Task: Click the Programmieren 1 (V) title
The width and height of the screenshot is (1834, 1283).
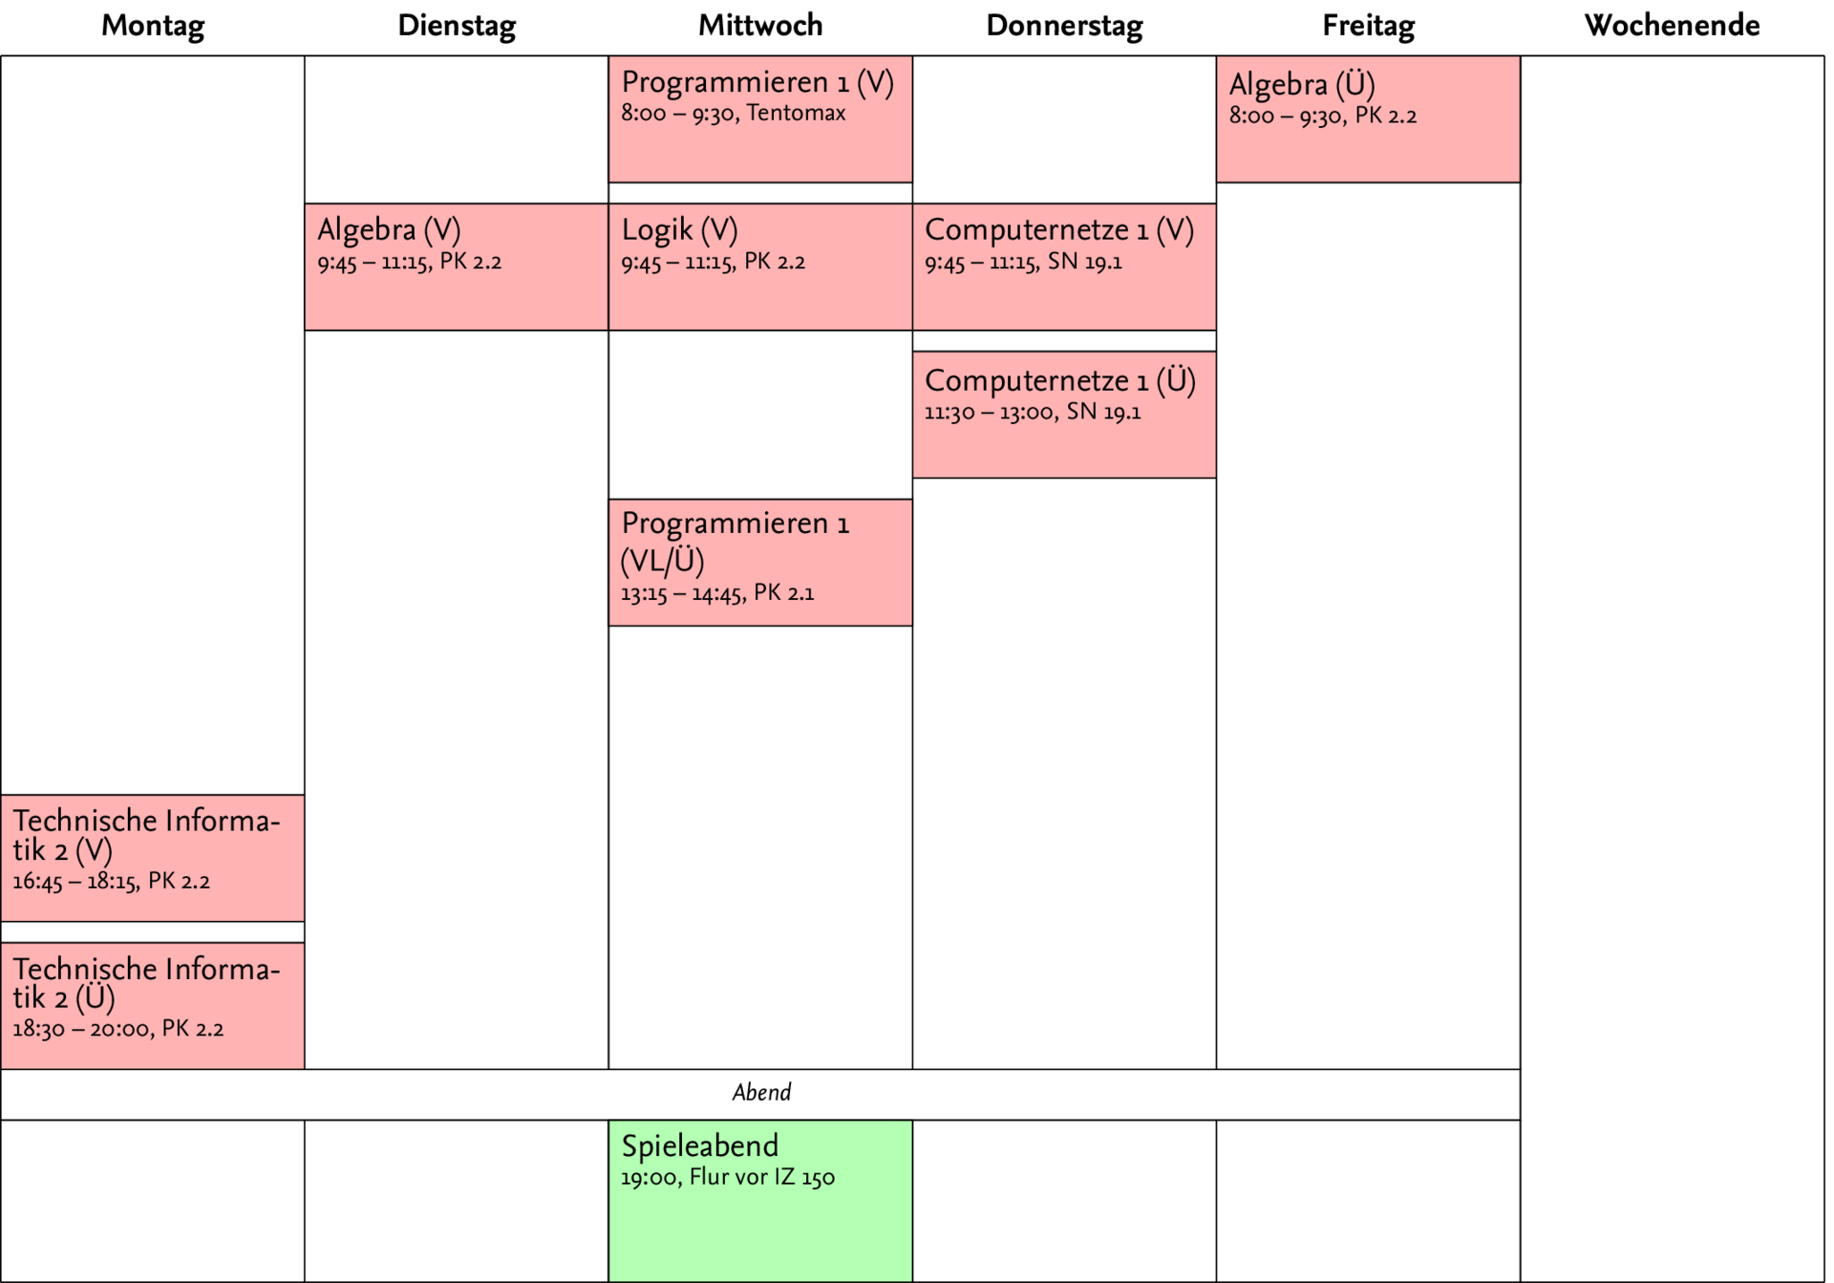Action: [757, 83]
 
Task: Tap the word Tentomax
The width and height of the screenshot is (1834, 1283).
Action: [796, 114]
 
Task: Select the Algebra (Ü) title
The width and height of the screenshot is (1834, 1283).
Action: [1302, 85]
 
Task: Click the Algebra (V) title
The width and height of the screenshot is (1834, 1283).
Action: [389, 230]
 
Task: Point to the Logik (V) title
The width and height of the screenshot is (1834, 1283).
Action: [679, 230]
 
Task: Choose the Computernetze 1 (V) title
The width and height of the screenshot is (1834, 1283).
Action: [1059, 230]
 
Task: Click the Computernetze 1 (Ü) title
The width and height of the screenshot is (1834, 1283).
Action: [1059, 381]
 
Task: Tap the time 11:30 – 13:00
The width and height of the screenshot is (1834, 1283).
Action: [989, 414]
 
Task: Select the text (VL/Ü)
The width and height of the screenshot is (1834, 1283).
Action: [663, 561]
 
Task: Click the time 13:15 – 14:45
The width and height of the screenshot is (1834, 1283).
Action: [681, 594]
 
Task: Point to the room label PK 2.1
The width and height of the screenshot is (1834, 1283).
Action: [784, 593]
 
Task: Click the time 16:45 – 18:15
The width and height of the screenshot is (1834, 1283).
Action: [74, 882]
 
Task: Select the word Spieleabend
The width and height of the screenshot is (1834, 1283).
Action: [699, 1145]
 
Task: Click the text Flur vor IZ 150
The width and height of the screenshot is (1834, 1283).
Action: [761, 1178]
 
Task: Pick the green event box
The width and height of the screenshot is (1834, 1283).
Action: [760, 1232]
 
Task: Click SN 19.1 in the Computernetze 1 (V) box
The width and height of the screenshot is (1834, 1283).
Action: [1084, 263]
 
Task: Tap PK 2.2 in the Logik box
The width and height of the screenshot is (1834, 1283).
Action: [775, 263]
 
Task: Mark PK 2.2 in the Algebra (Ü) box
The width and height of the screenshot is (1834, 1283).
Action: [1386, 117]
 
